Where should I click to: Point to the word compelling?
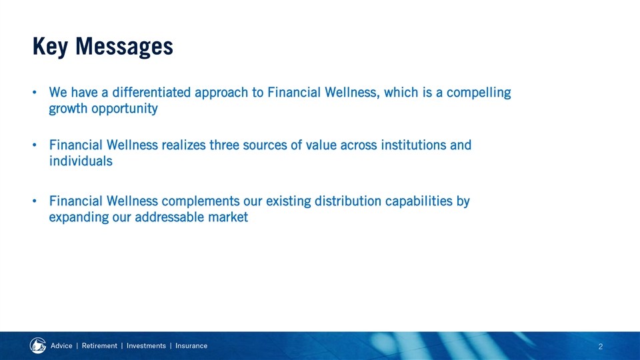coord(479,93)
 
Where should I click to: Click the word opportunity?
coord(125,109)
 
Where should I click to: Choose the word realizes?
coord(184,145)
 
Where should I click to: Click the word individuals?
coord(81,161)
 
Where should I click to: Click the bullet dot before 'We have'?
coord(35,92)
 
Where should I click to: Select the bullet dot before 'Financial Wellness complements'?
coord(35,201)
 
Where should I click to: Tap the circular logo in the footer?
coord(38,346)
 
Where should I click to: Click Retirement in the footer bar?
coord(99,346)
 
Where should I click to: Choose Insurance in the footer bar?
coord(191,346)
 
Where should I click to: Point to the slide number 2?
coord(601,347)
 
